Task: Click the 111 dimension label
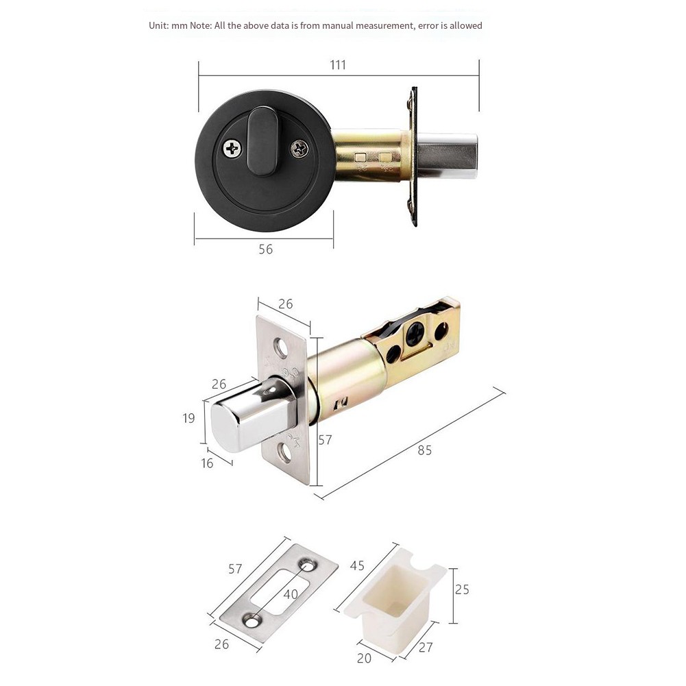point(338,65)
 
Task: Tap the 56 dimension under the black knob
point(266,249)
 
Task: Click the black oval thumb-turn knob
point(262,142)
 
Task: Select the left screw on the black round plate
point(232,149)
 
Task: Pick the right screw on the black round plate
point(299,149)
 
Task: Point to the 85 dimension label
point(424,450)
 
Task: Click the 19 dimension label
point(188,419)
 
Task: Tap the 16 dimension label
point(207,463)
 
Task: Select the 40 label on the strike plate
point(291,594)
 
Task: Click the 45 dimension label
point(357,565)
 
